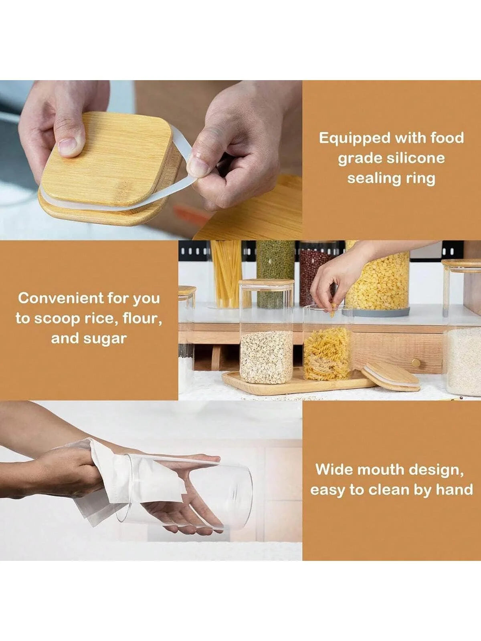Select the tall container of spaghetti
[x=226, y=274]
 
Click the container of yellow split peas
[x=377, y=281]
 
